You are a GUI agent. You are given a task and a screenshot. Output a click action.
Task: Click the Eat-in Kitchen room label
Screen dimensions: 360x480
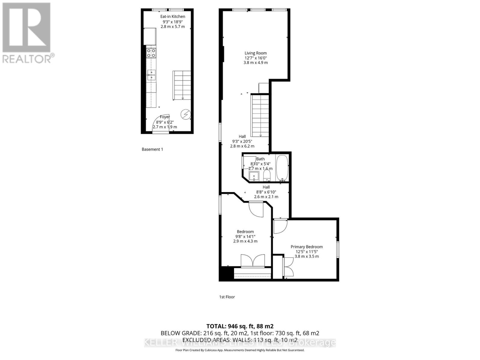(172, 16)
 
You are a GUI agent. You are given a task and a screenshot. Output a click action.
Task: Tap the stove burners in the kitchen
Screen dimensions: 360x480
(151, 53)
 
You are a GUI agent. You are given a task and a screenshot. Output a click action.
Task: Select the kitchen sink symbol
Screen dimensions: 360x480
(151, 75)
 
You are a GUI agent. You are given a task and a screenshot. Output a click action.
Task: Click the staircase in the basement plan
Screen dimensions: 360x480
(182, 85)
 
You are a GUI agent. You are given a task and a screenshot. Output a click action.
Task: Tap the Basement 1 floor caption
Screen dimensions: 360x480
(152, 149)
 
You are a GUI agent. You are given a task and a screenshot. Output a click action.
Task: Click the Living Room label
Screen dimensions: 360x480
(255, 53)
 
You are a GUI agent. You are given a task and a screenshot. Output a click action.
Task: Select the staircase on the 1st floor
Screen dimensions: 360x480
(260, 115)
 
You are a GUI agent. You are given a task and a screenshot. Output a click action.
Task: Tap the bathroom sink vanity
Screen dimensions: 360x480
(254, 176)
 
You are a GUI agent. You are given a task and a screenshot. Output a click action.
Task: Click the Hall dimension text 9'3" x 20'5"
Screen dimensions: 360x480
(242, 141)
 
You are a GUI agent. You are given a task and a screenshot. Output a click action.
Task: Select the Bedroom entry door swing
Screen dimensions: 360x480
(256, 209)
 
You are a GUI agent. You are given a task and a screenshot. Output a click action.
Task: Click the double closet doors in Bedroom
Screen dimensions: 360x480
(253, 260)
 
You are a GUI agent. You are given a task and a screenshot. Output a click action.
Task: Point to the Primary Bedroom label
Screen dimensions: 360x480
(307, 247)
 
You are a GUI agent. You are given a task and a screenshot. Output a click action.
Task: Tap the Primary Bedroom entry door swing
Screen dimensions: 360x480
(280, 226)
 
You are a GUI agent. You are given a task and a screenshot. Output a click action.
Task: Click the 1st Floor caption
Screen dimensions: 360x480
(227, 297)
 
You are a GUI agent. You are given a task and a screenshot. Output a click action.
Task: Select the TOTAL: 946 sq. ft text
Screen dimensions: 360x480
(240, 326)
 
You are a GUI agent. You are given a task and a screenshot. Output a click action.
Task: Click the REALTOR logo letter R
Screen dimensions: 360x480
(26, 28)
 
